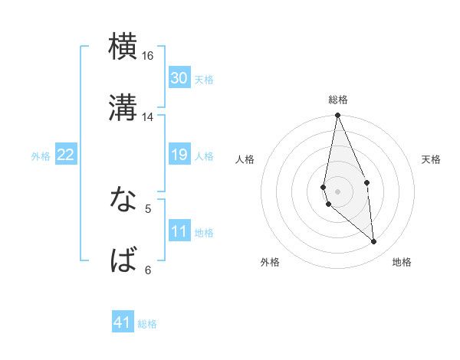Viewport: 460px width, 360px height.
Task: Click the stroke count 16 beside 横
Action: [148, 56]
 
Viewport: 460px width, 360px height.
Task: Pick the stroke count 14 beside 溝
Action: [148, 117]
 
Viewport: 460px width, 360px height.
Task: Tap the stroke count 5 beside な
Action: [148, 208]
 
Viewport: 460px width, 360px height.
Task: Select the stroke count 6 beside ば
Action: [148, 270]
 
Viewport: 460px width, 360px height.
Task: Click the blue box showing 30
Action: [179, 78]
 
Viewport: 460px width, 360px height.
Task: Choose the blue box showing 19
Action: [179, 155]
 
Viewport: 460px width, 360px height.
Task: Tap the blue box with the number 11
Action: [179, 231]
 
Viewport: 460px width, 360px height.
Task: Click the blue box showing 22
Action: [65, 155]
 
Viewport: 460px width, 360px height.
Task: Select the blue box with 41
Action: [123, 322]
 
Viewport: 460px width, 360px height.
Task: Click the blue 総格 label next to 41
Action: [147, 324]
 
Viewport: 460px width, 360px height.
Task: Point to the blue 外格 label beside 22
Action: [41, 156]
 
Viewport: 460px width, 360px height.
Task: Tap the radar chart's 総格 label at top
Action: [338, 100]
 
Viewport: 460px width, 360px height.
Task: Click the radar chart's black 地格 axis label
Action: [402, 262]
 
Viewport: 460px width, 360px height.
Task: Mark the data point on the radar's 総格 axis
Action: [338, 116]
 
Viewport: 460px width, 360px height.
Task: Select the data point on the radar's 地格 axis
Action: [374, 241]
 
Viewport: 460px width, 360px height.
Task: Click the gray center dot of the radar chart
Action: [338, 191]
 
